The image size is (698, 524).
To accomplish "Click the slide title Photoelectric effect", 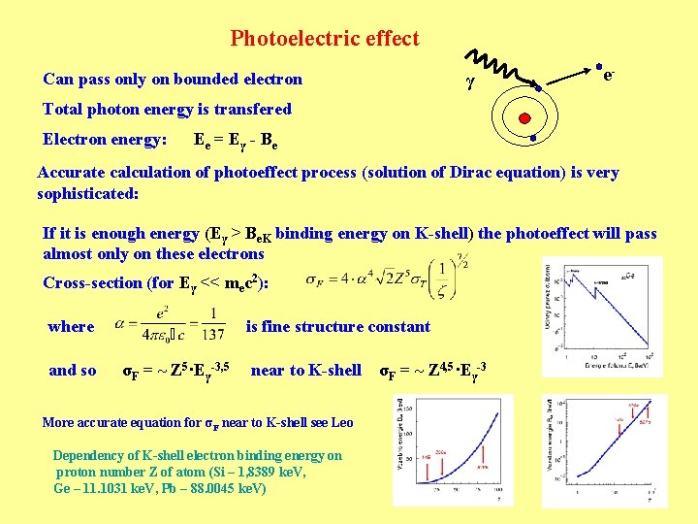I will [x=325, y=39].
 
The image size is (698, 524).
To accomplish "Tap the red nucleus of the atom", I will [x=524, y=118].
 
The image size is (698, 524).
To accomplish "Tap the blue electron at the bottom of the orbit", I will [x=534, y=139].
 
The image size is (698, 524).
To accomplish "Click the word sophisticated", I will [x=88, y=193].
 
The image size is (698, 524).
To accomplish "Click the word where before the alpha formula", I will [x=71, y=327].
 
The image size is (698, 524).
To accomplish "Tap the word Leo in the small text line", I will [x=342, y=422].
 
